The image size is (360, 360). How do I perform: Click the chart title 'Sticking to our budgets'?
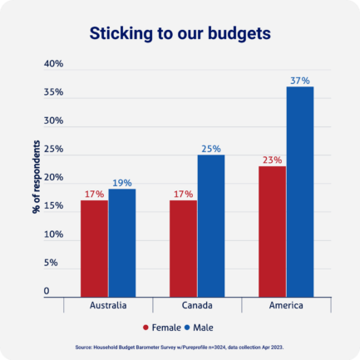(x=180, y=34)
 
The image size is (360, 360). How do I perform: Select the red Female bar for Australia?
(x=94, y=247)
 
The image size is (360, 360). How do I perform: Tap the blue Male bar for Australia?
(x=121, y=242)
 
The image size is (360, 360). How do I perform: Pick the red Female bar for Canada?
(x=183, y=247)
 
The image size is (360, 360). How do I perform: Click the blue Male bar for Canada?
(x=210, y=224)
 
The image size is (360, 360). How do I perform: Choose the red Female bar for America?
(x=272, y=230)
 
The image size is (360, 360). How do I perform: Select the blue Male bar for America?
(x=299, y=190)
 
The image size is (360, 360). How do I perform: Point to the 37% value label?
(x=299, y=81)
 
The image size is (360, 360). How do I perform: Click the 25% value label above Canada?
(x=210, y=149)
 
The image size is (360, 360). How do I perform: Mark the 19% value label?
(x=121, y=182)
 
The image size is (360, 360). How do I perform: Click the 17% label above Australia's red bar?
(x=94, y=194)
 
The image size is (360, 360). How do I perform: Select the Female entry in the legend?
(x=163, y=327)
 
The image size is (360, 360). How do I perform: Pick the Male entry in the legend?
(x=208, y=327)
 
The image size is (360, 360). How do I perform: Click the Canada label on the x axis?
(x=197, y=305)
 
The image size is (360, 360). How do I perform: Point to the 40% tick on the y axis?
(x=53, y=64)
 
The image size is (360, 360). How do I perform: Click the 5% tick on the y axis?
(x=51, y=263)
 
